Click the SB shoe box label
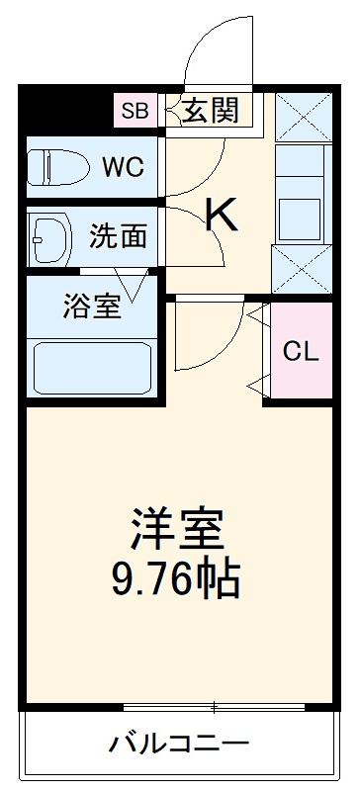pos(135,111)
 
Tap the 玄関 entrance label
pos(210,109)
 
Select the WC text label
pos(123,166)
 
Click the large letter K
pos(221,213)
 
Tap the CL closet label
pos(302,352)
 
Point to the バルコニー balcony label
pos(178,743)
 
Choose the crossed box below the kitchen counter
pos(301,268)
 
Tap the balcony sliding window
pos(216,706)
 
